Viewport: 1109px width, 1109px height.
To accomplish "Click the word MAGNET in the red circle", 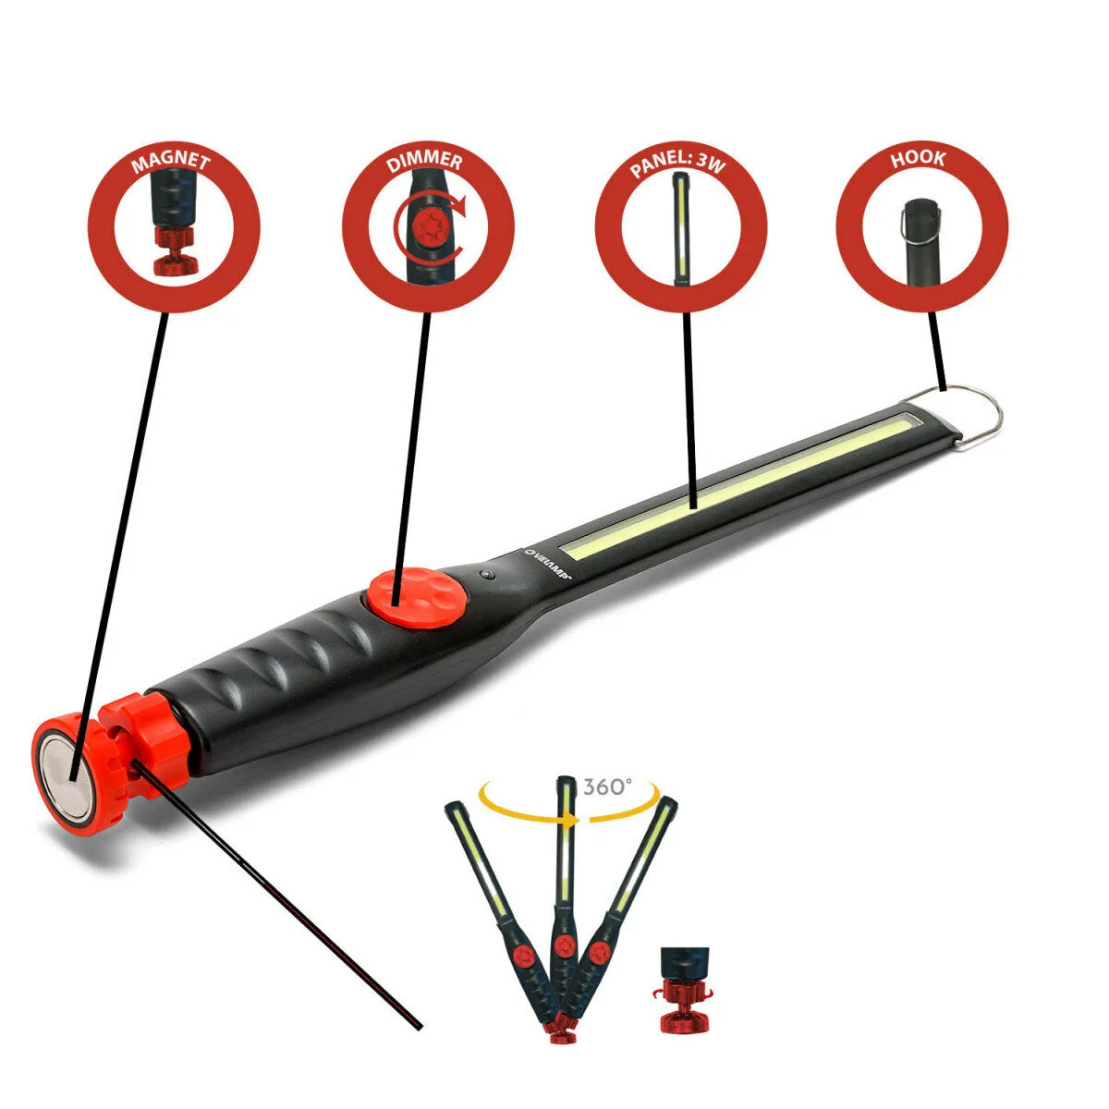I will click(x=172, y=164).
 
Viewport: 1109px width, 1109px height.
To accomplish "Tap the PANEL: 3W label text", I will click(x=679, y=165).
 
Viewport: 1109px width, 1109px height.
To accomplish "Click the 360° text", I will click(x=608, y=786).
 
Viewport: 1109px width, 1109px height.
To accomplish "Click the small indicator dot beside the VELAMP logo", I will click(x=488, y=575).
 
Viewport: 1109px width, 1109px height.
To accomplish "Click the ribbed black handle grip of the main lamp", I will click(x=277, y=675).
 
